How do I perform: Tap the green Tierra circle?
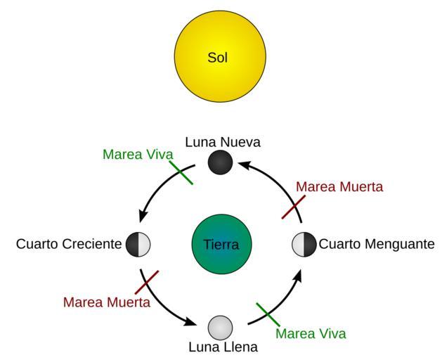[x=221, y=245]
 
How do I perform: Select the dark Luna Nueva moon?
[x=221, y=163]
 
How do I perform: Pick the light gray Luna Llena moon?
[x=221, y=327]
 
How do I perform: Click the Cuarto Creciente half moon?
[x=138, y=245]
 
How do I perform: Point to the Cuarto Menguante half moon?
[x=304, y=245]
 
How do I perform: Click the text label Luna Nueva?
[x=223, y=142]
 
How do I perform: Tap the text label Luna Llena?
[x=223, y=347]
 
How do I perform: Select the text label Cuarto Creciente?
[x=69, y=245]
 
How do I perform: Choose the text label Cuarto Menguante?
[x=377, y=245]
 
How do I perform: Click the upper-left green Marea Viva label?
[x=138, y=154]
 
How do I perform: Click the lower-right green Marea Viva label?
[x=311, y=333]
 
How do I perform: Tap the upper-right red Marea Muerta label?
[x=339, y=187]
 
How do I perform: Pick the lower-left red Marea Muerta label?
[x=106, y=302]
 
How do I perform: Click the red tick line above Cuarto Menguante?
[x=294, y=207]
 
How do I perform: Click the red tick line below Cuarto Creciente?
[x=146, y=281]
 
